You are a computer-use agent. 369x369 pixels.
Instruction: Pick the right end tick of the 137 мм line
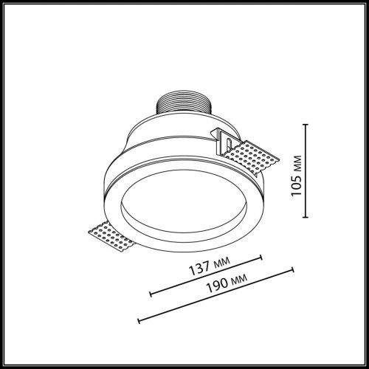(263, 258)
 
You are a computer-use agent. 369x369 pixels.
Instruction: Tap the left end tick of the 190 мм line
(139, 320)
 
